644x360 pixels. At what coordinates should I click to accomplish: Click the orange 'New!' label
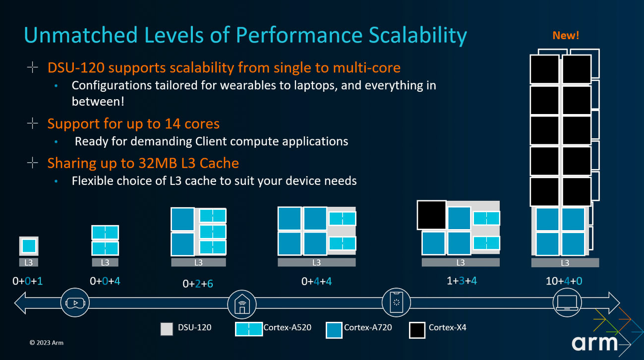[x=565, y=35]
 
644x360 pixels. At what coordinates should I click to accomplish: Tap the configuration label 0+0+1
[x=28, y=281]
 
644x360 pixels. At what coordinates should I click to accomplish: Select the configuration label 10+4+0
[x=563, y=281]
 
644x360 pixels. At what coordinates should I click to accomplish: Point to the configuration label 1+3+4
[x=461, y=281]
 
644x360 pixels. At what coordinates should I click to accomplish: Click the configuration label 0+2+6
[x=197, y=284]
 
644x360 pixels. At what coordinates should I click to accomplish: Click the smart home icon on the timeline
[x=241, y=302]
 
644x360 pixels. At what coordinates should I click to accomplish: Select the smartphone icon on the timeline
[x=396, y=302]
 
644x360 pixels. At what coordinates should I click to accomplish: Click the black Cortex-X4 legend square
[x=417, y=330]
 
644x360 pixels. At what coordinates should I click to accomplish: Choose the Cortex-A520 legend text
[x=287, y=327]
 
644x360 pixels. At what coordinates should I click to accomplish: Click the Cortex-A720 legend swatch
[x=334, y=330]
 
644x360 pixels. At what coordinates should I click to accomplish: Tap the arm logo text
[x=595, y=343]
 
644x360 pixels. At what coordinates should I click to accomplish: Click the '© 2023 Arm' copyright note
[x=46, y=343]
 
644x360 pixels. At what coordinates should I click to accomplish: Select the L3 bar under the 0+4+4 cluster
[x=316, y=263]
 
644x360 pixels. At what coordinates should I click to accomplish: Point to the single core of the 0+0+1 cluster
[x=29, y=246]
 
